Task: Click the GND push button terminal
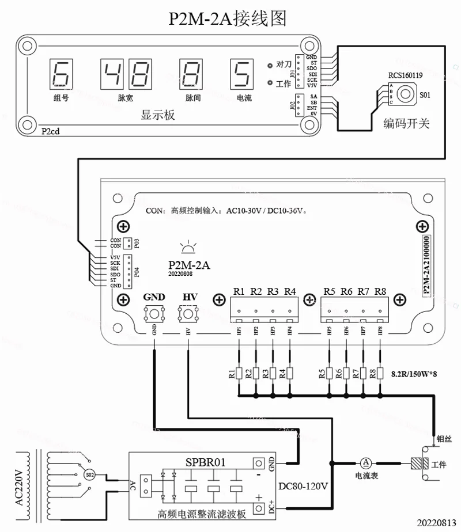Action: click(154, 314)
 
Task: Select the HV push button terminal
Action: click(189, 314)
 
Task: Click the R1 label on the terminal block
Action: click(239, 291)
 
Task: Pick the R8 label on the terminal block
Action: click(380, 291)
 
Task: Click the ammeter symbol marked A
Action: click(366, 462)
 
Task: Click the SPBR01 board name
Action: click(206, 462)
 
